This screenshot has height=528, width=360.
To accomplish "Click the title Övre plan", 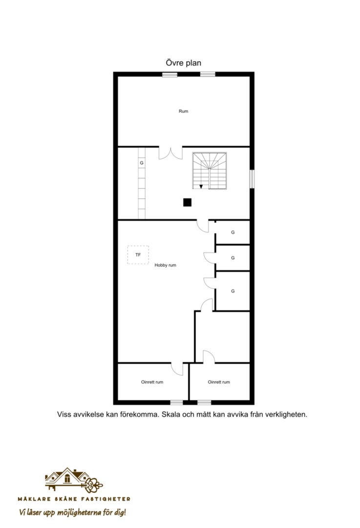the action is (183, 63).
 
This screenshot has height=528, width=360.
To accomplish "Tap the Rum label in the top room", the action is (183, 111).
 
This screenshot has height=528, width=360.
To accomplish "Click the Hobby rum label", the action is (165, 265).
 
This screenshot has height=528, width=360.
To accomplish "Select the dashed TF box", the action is (138, 255).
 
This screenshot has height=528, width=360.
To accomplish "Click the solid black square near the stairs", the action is (188, 202).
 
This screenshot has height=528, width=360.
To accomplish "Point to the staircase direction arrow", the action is (201, 187).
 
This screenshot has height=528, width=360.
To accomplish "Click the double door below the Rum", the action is (170, 153).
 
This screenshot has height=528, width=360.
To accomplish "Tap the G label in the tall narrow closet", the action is (142, 163).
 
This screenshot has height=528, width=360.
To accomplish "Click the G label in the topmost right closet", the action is (233, 232).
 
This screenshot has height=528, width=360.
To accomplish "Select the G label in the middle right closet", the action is (233, 258).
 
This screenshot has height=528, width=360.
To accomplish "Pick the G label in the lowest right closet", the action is (233, 291).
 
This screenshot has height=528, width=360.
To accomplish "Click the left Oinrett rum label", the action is (152, 382).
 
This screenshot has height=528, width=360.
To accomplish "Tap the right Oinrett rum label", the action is (219, 382).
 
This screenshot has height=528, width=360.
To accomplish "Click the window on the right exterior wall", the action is (252, 179).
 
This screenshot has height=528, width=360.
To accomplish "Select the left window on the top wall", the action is (169, 74).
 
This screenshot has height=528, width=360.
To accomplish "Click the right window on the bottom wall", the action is (204, 402).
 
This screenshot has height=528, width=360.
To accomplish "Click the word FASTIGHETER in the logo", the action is (108, 499).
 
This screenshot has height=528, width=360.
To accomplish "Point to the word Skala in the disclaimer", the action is (171, 415).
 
